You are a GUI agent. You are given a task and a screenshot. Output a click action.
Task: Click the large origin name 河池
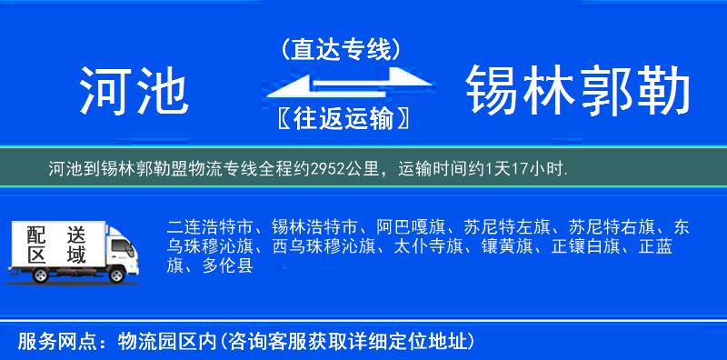tap(133, 92)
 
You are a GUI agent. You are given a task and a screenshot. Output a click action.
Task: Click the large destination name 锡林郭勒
tap(578, 92)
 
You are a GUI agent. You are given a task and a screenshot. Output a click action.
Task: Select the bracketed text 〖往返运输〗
tap(341, 119)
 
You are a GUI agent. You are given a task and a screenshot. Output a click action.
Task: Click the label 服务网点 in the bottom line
tap(46, 341)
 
